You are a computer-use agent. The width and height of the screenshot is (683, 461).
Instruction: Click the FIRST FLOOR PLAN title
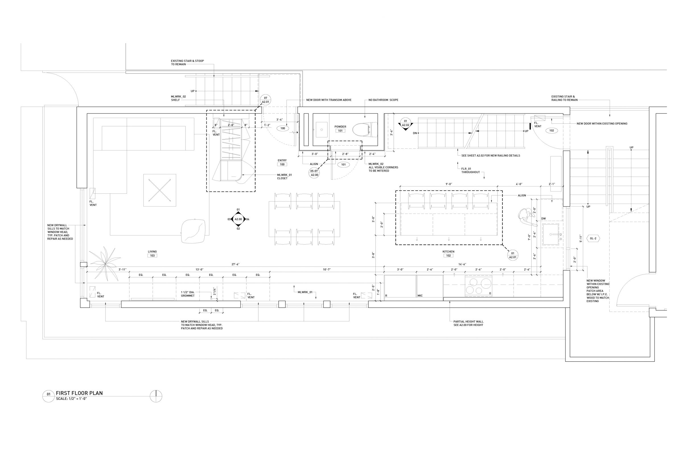point(79,393)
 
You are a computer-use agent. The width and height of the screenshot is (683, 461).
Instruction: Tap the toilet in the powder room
point(365,129)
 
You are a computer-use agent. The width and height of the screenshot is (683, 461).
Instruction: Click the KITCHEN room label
point(448,252)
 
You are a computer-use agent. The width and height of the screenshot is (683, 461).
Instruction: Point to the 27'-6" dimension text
point(236,264)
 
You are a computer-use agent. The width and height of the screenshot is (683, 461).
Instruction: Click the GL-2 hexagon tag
point(593,238)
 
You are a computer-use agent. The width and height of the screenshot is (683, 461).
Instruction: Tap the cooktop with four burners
point(478,286)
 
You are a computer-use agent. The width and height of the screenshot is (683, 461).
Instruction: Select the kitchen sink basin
point(551,234)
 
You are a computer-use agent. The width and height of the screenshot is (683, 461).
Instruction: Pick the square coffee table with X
point(160,190)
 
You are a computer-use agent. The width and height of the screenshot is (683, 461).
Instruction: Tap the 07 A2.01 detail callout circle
point(266,100)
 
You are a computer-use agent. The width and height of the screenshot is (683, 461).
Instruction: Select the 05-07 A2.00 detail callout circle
point(314,173)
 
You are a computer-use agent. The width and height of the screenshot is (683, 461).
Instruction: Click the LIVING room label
point(152,252)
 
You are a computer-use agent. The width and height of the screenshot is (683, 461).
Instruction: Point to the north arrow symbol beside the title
point(156,396)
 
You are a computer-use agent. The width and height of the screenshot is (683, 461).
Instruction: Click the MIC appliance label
point(420,296)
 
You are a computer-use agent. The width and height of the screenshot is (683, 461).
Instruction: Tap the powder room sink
point(322,129)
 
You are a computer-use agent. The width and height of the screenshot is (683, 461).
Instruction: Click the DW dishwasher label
point(544,219)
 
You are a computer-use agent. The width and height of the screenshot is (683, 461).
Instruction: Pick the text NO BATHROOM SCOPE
point(384,100)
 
